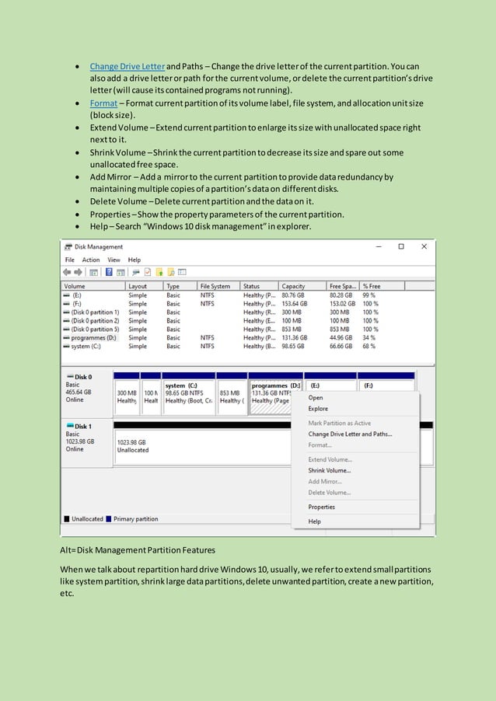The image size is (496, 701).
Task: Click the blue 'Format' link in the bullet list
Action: [x=103, y=103]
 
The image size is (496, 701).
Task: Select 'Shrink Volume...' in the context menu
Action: [x=329, y=470]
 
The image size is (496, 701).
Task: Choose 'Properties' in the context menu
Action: [x=321, y=507]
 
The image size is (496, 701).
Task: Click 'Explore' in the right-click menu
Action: [x=318, y=408]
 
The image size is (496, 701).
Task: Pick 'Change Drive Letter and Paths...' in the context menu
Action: [x=350, y=434]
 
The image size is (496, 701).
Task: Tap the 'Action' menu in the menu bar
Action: [x=91, y=260]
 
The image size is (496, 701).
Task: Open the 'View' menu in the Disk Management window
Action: [x=114, y=260]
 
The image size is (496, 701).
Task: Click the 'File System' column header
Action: [x=215, y=286]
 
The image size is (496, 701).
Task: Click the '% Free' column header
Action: [x=371, y=286]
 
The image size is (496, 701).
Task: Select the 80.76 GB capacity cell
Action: [x=292, y=295]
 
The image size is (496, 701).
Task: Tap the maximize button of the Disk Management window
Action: [x=400, y=246]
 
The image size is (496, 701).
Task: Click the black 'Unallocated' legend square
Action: [x=67, y=518]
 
